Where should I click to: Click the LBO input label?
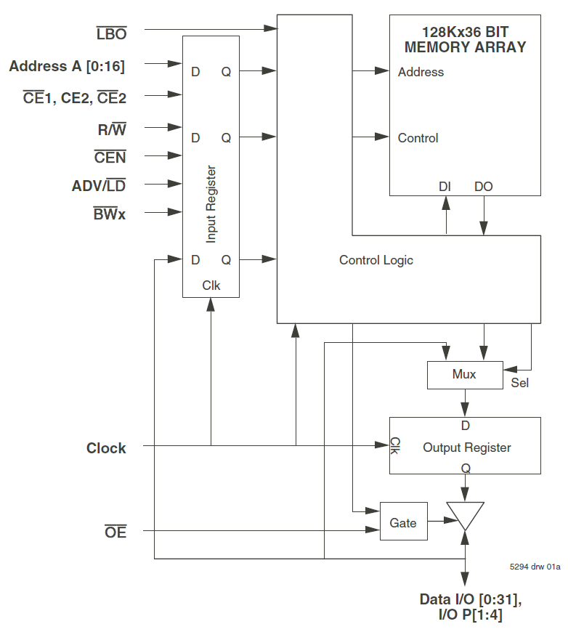[x=111, y=33]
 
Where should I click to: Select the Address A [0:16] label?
[x=67, y=67]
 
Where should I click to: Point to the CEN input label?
[x=110, y=157]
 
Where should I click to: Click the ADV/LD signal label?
[x=99, y=186]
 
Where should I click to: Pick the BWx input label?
[x=109, y=214]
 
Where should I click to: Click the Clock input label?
[x=106, y=448]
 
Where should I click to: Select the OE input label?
[x=115, y=532]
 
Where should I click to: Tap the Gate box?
[x=403, y=522]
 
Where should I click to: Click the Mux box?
[x=464, y=374]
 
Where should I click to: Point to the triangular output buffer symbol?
[x=465, y=514]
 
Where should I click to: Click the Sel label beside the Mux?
[x=520, y=383]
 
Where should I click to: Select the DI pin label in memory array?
[x=445, y=187]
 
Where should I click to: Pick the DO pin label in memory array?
[x=483, y=187]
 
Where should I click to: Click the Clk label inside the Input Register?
[x=211, y=285]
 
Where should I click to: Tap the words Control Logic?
[x=376, y=260]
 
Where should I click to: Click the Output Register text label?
[x=466, y=447]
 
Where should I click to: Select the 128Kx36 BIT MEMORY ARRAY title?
[x=465, y=39]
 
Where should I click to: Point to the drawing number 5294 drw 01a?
[x=535, y=567]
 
